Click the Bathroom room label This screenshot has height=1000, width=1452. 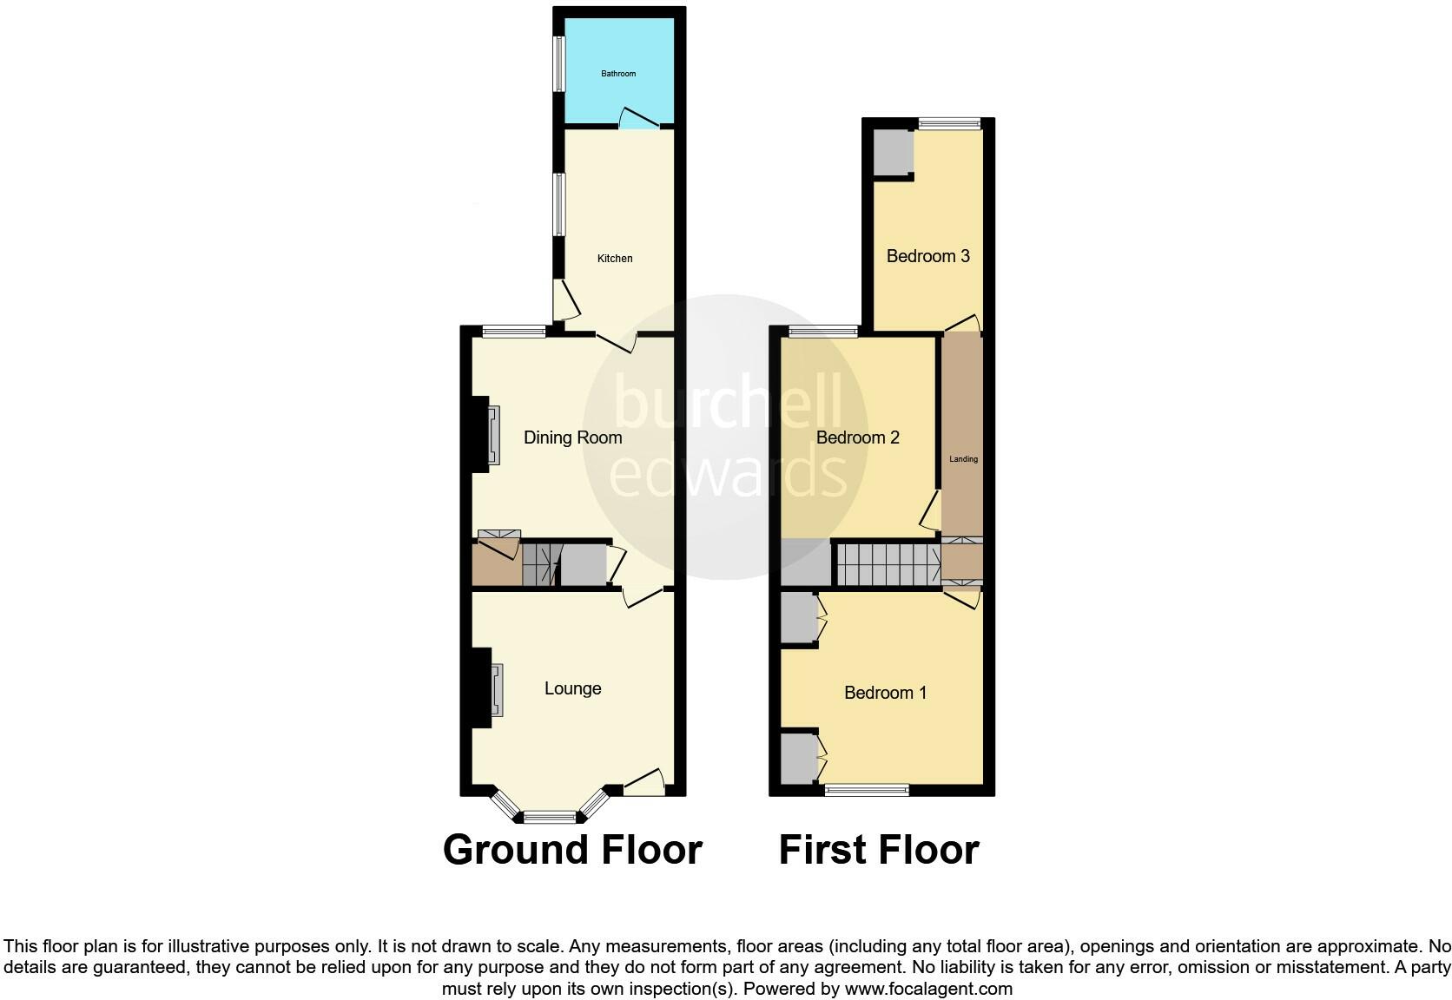pyautogui.click(x=618, y=74)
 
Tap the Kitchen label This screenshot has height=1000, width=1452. pyautogui.click(x=615, y=259)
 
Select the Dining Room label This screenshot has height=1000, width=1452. pyautogui.click(x=572, y=437)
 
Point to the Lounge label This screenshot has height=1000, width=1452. pyautogui.click(x=572, y=688)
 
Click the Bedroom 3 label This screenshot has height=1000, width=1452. pyautogui.click(x=927, y=256)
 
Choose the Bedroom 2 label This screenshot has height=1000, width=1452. pyautogui.click(x=857, y=437)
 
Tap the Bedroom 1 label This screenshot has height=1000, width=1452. pyautogui.click(x=885, y=693)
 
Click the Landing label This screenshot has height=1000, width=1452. pyautogui.click(x=963, y=459)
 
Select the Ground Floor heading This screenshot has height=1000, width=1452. pyautogui.click(x=572, y=850)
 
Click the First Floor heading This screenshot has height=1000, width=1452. pyautogui.click(x=879, y=850)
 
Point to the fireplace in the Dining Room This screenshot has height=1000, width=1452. pyautogui.click(x=492, y=436)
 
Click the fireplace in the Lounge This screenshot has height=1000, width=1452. pyautogui.click(x=495, y=690)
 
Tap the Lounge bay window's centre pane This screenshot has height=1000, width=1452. pyautogui.click(x=549, y=816)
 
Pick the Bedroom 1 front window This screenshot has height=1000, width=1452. pyautogui.click(x=866, y=789)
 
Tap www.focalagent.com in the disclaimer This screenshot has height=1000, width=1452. pyautogui.click(x=928, y=988)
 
